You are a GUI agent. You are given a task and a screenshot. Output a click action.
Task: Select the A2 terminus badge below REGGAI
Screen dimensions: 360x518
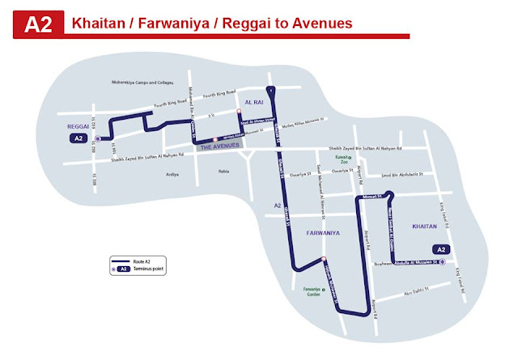coord(75,139)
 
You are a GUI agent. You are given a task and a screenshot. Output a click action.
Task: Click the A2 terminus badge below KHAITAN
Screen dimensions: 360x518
coord(441,249)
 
